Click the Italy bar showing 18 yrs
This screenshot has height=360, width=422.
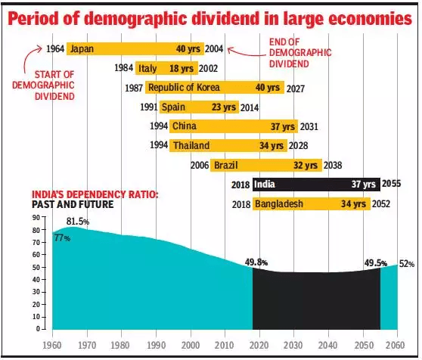167,68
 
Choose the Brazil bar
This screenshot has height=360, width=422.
265,164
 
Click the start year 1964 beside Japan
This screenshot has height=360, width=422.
54,49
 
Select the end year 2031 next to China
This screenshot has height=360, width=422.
310,126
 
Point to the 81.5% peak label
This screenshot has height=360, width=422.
77,221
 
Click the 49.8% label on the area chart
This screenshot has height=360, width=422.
257,262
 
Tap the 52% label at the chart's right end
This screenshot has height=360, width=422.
407,264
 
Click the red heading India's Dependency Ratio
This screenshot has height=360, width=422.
95,194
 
